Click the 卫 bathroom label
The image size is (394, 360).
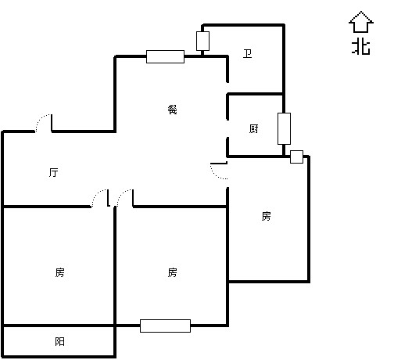pyautogui.click(x=247, y=54)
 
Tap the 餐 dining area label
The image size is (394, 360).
pyautogui.click(x=173, y=110)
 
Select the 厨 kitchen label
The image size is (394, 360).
pyautogui.click(x=254, y=129)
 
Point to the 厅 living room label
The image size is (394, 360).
pyautogui.click(x=54, y=172)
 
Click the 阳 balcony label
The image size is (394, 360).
pyautogui.click(x=59, y=341)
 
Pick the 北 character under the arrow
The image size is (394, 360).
pyautogui.click(x=361, y=47)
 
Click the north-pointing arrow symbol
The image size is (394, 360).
pyautogui.click(x=361, y=22)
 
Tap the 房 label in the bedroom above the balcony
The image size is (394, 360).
pyautogui.click(x=59, y=272)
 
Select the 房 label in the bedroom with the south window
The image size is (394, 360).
pyautogui.click(x=172, y=272)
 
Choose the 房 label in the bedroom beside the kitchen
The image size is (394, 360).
pyautogui.click(x=266, y=216)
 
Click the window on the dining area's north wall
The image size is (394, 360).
pyautogui.click(x=165, y=56)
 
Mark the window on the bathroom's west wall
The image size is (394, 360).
pyautogui.click(x=202, y=41)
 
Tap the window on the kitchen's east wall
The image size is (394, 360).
pyautogui.click(x=284, y=128)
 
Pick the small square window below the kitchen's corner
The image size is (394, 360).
pyautogui.click(x=296, y=157)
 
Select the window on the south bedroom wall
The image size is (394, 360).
pyautogui.click(x=165, y=326)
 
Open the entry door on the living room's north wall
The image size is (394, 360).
pyautogui.click(x=44, y=123)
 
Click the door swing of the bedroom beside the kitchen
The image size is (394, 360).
pyautogui.click(x=219, y=171)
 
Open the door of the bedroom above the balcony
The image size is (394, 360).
pyautogui.click(x=101, y=198)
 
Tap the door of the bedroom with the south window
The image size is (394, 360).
pyautogui.click(x=125, y=198)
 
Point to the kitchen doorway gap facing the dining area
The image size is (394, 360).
pyautogui.click(x=227, y=128)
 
